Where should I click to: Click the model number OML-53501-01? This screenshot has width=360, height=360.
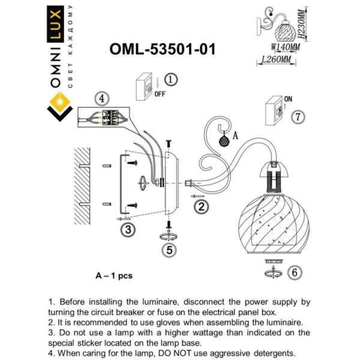(163, 49)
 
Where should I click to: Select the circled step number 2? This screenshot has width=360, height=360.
(202, 207)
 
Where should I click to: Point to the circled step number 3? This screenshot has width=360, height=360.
(126, 229)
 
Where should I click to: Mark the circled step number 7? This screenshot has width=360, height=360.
(298, 117)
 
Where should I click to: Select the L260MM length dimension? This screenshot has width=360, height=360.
(277, 60)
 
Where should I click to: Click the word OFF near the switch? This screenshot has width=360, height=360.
(160, 94)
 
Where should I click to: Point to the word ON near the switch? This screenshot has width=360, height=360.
(287, 98)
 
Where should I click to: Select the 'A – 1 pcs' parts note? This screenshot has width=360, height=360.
(114, 275)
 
